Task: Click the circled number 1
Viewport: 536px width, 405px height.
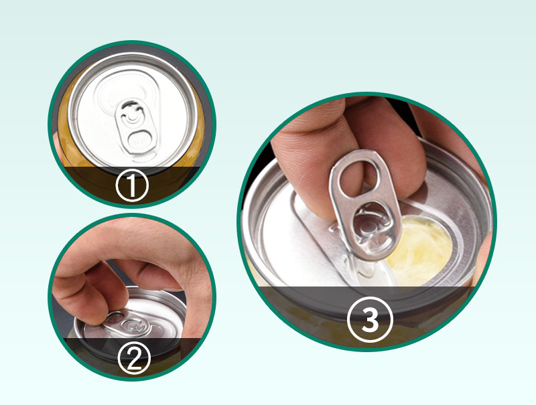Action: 132,185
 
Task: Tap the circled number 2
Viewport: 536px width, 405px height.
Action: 134,358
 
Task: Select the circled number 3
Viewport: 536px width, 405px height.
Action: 370,319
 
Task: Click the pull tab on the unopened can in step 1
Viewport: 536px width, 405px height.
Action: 135,128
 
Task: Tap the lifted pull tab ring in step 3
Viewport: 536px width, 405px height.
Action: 364,204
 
